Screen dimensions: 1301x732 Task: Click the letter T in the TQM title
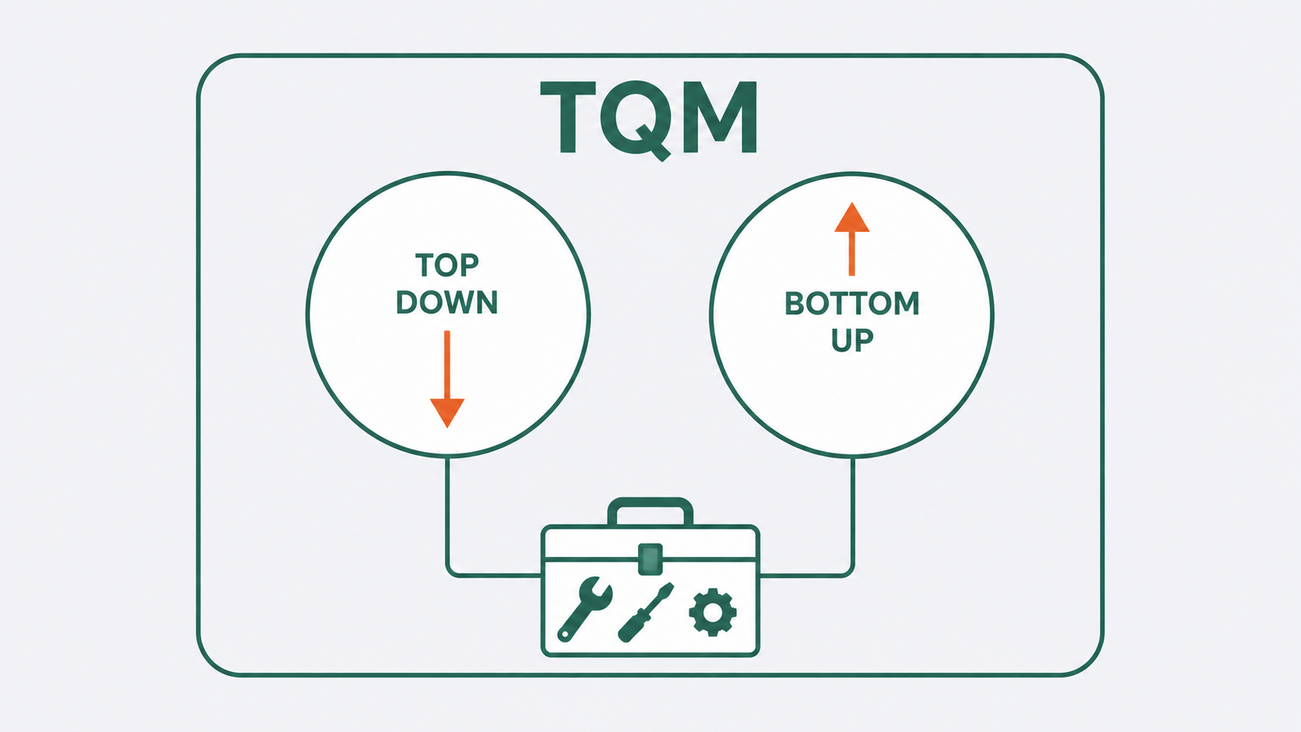tap(568, 117)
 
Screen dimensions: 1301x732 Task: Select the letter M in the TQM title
tap(720, 117)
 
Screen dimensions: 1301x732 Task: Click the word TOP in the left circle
tap(447, 265)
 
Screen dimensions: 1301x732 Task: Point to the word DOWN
tap(447, 303)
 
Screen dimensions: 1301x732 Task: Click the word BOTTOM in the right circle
tap(852, 303)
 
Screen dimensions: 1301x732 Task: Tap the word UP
tap(852, 341)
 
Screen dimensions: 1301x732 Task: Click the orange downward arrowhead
tap(447, 412)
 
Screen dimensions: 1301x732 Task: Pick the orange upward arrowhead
tap(852, 219)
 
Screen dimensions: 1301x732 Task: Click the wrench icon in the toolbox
tap(583, 609)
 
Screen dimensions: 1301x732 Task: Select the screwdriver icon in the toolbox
tap(646, 612)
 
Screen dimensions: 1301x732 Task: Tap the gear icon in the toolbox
tap(713, 612)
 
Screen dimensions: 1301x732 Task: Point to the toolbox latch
tap(650, 559)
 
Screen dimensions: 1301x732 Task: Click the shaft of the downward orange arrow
tap(447, 365)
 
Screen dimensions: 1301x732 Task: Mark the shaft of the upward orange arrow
tap(852, 254)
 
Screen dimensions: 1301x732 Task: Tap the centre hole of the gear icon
tap(713, 612)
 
